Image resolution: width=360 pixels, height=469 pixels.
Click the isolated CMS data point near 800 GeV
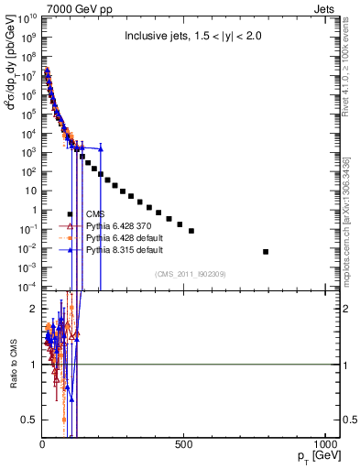(266, 251)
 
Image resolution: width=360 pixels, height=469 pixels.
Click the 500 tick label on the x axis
(184, 446)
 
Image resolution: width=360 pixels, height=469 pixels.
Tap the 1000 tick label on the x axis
(324, 446)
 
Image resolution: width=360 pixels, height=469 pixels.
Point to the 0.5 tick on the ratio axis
(28, 420)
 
